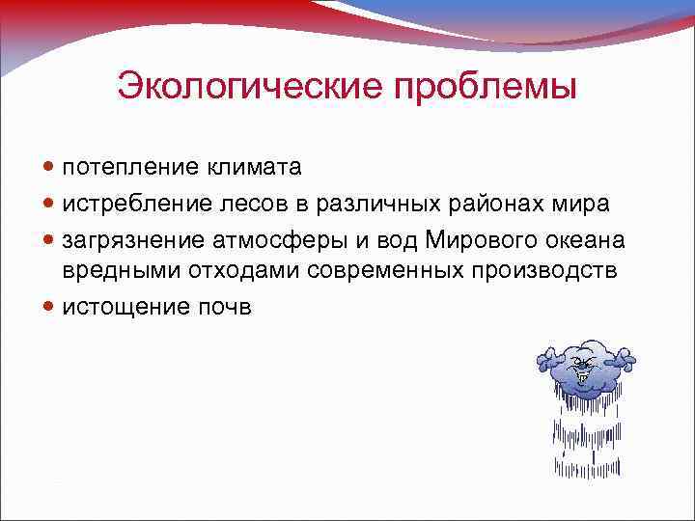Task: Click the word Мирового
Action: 460,238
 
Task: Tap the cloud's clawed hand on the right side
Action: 625,362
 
